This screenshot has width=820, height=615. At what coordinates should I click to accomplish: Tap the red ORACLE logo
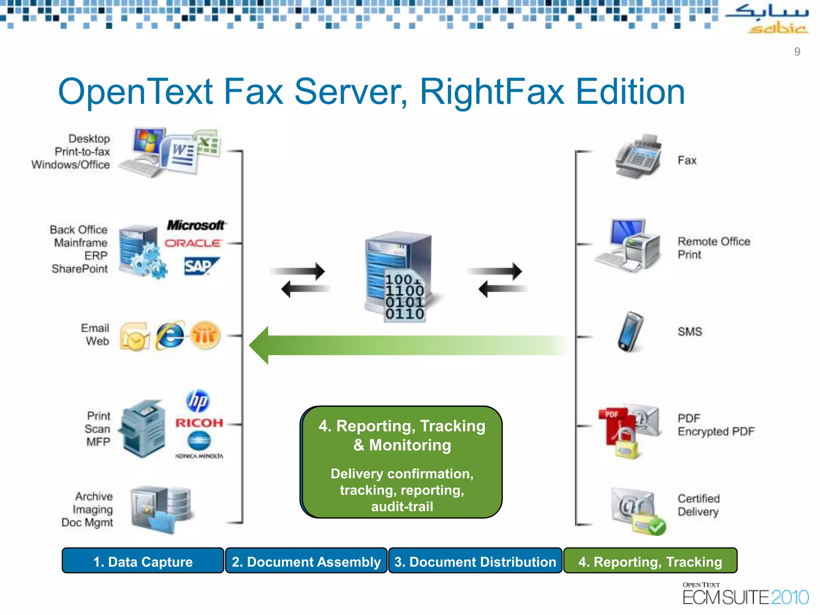tap(193, 243)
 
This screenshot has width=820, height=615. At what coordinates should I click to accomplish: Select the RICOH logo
tap(199, 423)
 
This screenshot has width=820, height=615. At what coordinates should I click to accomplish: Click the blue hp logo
tap(198, 401)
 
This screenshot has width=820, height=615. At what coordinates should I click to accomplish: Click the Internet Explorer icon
tap(170, 336)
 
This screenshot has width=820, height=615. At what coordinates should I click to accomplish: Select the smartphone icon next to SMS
tap(630, 332)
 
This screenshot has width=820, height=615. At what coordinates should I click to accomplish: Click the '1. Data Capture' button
tap(143, 561)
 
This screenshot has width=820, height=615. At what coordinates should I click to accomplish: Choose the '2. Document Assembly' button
tap(306, 561)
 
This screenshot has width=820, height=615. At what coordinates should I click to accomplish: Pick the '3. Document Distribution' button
tap(475, 561)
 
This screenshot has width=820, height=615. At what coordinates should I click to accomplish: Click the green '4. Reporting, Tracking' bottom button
tap(650, 561)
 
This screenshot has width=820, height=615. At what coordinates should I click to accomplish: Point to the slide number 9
tap(797, 52)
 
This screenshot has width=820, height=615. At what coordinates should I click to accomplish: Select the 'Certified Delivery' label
tap(698, 505)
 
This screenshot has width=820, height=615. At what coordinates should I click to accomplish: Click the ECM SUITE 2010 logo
tap(745, 594)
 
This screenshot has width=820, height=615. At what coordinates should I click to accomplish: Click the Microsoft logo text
tap(196, 225)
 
